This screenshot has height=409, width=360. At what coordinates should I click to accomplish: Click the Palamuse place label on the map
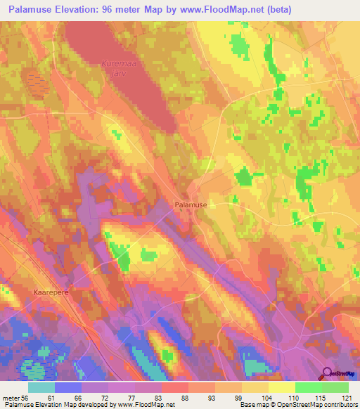point(191,204)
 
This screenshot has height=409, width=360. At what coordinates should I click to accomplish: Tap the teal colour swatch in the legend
point(41,387)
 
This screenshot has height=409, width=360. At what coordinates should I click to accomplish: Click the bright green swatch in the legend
point(309,387)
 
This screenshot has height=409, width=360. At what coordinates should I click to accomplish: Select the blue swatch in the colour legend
point(68,387)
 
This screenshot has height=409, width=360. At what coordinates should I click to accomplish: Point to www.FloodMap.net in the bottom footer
point(146,405)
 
